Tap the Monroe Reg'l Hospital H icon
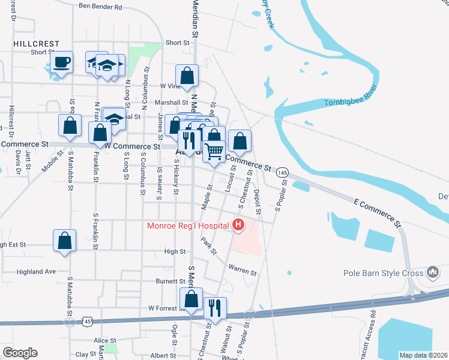(x=238, y=226)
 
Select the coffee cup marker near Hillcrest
(x=61, y=62)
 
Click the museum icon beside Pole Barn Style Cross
(x=432, y=273)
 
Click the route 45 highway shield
(x=70, y=322)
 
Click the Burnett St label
(x=170, y=281)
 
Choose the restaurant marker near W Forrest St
(x=215, y=308)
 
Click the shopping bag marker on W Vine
(x=187, y=76)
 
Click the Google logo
(x=20, y=353)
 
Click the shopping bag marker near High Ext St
(x=65, y=241)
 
